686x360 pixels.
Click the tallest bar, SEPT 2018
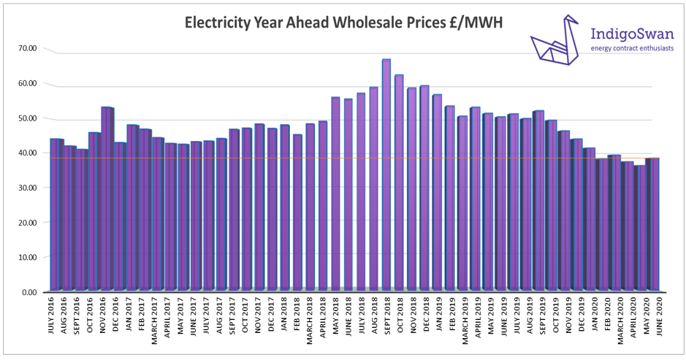pyautogui.click(x=386, y=175)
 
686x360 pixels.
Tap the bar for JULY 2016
pyautogui.click(x=56, y=215)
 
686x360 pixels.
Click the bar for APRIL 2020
pyautogui.click(x=628, y=227)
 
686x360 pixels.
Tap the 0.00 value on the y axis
pyautogui.click(x=30, y=292)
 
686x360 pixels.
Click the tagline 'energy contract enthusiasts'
pyautogui.click(x=632, y=48)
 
